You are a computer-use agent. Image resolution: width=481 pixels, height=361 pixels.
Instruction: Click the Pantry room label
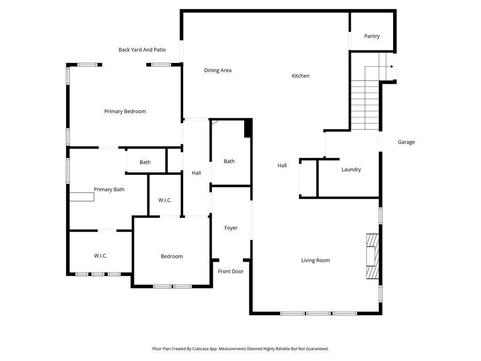tap(372, 36)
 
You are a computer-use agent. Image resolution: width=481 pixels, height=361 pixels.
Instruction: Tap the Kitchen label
tap(301, 76)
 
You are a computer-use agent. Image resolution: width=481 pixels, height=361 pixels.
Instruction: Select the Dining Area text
tap(217, 71)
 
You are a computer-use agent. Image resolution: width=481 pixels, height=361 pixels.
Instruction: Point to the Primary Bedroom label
tap(125, 111)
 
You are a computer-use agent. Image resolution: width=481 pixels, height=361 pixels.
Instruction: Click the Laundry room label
tap(351, 169)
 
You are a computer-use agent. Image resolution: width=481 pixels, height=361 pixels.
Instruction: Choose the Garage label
tap(406, 142)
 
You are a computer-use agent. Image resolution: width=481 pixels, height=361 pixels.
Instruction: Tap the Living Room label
tap(316, 260)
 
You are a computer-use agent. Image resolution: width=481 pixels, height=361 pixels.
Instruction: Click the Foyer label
tap(231, 228)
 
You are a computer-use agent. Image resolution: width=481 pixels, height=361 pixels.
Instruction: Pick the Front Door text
tap(231, 271)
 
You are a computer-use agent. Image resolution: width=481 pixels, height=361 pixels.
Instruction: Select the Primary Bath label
tap(109, 189)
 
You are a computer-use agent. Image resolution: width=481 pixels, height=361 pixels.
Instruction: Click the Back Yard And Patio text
tap(142, 50)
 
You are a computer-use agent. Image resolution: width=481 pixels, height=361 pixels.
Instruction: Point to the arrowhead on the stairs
tap(391, 67)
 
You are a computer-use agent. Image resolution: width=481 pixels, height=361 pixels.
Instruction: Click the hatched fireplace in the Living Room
tap(372, 257)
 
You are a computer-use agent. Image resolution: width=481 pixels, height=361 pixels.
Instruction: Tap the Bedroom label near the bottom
tap(171, 256)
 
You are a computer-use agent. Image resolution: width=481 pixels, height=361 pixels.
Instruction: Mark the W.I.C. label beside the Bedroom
tap(101, 256)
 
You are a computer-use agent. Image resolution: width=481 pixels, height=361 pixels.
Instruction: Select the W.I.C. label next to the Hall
tap(165, 200)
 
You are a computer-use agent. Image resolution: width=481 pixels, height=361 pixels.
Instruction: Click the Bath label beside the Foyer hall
tap(229, 161)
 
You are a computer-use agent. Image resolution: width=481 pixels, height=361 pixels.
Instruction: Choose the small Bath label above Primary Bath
tap(145, 162)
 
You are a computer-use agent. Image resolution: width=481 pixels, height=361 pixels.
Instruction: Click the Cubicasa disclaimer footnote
tap(240, 349)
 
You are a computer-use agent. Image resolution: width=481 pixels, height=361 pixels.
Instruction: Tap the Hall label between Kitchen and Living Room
tap(282, 165)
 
